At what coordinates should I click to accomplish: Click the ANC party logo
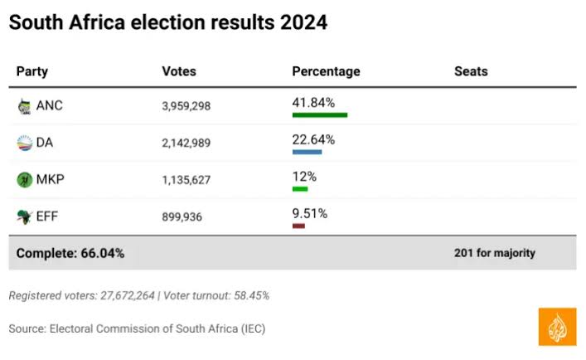pyautogui.click(x=24, y=106)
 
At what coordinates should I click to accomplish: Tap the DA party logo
pyautogui.click(x=24, y=143)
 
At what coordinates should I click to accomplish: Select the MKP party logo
pyautogui.click(x=24, y=180)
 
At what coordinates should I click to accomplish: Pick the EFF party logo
pyautogui.click(x=24, y=216)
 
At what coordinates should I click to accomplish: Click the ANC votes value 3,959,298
pyautogui.click(x=186, y=106)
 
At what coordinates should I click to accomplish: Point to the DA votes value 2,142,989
pyautogui.click(x=186, y=143)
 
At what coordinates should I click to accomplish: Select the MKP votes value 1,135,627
pyautogui.click(x=186, y=180)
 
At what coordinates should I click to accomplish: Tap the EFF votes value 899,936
pyautogui.click(x=182, y=216)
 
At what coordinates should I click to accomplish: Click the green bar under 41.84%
pyautogui.click(x=319, y=115)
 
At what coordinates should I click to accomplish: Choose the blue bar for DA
pyautogui.click(x=307, y=152)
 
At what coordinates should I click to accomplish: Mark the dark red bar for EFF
pyautogui.click(x=298, y=226)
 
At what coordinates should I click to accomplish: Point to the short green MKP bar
pyautogui.click(x=300, y=189)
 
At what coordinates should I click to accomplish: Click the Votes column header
pyautogui.click(x=179, y=71)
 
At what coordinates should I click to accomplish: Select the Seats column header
pyautogui.click(x=471, y=71)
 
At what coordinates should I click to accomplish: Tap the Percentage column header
pyautogui.click(x=326, y=71)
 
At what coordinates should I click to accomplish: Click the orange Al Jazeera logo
pyautogui.click(x=557, y=326)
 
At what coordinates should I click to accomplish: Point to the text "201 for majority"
pyautogui.click(x=495, y=253)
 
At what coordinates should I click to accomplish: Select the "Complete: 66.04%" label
pyautogui.click(x=70, y=253)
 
